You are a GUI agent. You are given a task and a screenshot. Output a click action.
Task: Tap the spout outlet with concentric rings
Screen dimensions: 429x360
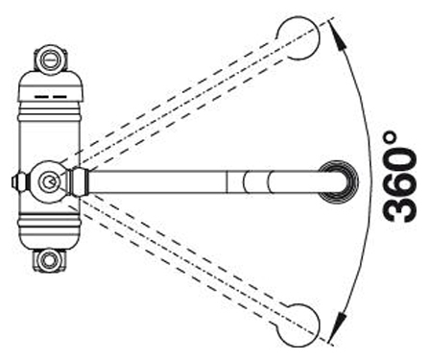pos(339,181)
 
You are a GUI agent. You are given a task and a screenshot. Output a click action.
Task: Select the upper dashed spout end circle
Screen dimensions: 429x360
pos(298,37)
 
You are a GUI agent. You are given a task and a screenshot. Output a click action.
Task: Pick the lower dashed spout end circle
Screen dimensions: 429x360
pos(298,324)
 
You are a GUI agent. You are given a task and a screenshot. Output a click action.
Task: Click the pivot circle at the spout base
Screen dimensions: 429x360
pos(49,181)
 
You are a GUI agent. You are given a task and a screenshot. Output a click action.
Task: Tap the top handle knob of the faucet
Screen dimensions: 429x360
pos(50,60)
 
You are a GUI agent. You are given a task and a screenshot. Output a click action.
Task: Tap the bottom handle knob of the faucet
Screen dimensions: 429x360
pos(49,259)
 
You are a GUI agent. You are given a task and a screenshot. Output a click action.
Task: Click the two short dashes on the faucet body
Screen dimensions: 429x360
pos(51,96)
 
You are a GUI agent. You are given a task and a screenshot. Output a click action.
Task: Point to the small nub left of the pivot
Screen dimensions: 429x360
pos(20,181)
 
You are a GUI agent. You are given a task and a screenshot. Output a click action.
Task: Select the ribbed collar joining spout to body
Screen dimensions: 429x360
pos(79,181)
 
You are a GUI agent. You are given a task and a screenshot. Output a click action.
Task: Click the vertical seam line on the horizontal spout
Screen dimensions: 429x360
pos(226,181)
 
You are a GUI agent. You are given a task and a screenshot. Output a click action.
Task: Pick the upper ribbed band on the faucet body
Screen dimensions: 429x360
pos(50,113)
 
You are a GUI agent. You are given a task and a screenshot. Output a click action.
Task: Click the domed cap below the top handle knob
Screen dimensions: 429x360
pos(50,84)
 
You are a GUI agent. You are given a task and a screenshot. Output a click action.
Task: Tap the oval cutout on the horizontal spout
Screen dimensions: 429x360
pos(257,181)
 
